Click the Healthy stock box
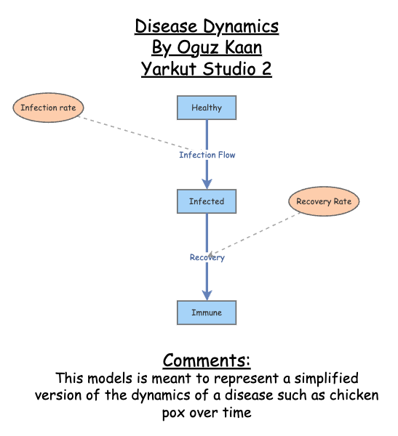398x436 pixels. click(207, 108)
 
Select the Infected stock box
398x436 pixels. click(207, 201)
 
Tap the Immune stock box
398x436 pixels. click(207, 312)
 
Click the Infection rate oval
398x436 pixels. click(48, 108)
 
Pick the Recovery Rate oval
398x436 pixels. click(324, 201)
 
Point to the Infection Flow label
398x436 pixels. click(207, 155)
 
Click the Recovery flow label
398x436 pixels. click(207, 257)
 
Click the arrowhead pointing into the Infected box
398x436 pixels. click(207, 183)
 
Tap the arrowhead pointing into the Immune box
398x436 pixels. click(207, 294)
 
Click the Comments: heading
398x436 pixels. click(207, 360)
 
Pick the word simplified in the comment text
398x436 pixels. click(325, 379)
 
